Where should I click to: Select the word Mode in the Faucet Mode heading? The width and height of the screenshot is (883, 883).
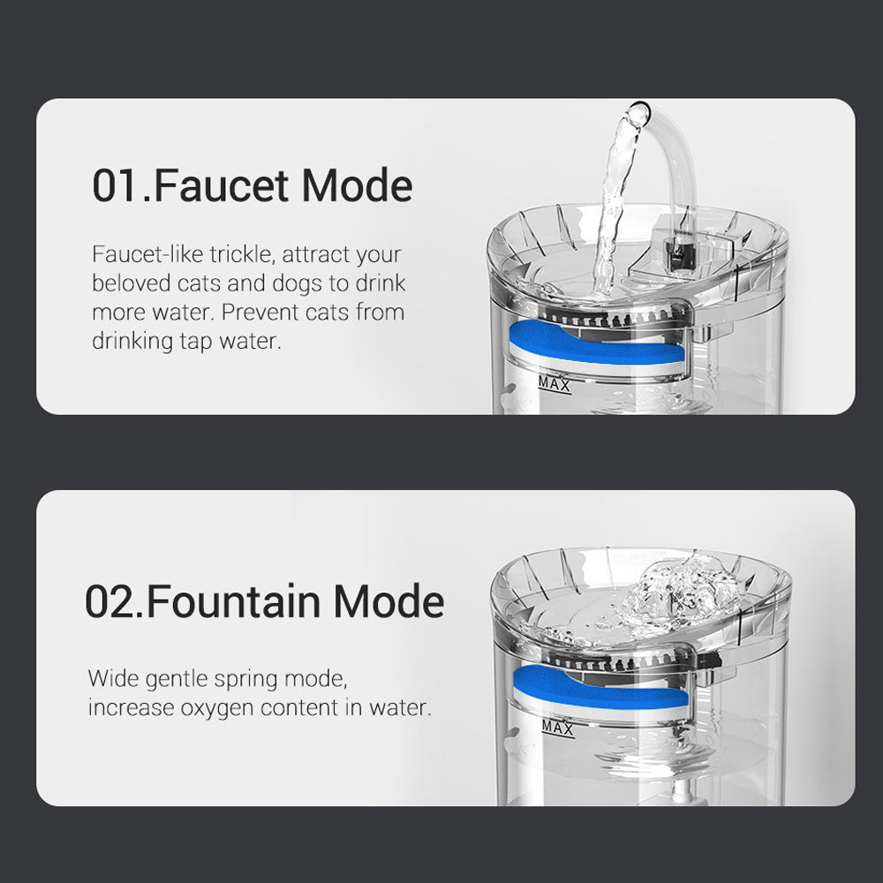tap(357, 185)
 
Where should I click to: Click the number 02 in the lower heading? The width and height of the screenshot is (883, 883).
tap(109, 601)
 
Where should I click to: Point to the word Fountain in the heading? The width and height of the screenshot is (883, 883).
tap(234, 600)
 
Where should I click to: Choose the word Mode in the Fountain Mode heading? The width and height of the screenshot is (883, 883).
tap(389, 600)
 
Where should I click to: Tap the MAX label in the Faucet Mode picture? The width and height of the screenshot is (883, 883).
tap(555, 385)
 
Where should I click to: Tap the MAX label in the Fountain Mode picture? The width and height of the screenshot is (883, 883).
tap(557, 728)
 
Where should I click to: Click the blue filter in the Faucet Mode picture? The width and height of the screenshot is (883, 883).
tap(597, 344)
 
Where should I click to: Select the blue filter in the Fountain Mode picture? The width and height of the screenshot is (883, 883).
tap(600, 688)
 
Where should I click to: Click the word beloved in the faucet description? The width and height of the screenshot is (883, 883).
tap(131, 283)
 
